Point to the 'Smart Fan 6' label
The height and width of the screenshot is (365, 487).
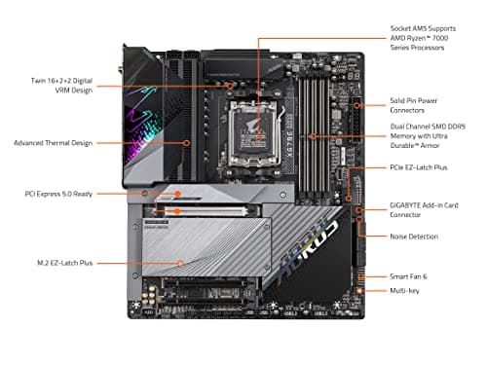[409, 277]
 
